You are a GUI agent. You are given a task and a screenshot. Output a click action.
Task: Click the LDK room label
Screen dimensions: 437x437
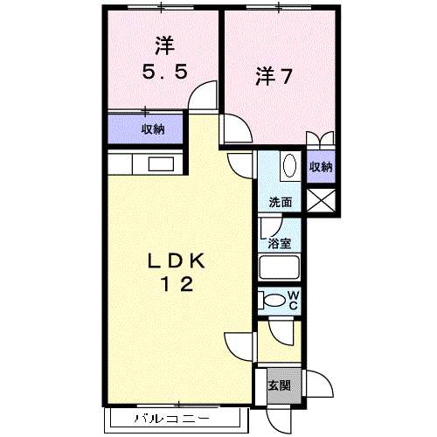(177, 260)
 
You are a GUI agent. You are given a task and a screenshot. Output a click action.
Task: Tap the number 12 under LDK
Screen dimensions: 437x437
(177, 284)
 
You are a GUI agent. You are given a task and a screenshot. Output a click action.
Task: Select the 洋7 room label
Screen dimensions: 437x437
(274, 76)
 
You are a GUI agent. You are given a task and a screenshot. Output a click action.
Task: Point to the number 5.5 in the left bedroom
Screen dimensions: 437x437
(164, 72)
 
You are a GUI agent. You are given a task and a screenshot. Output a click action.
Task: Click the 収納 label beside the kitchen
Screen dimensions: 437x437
(153, 129)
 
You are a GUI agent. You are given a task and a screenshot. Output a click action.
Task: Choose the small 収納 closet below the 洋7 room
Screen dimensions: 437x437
(321, 167)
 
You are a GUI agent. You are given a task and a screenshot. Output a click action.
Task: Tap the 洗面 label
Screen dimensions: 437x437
(281, 202)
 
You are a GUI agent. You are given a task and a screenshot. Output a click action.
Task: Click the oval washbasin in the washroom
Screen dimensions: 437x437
(290, 165)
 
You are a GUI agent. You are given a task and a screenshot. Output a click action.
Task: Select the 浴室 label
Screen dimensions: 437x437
(280, 243)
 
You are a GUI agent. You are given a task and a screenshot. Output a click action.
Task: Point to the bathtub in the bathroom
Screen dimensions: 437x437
(279, 267)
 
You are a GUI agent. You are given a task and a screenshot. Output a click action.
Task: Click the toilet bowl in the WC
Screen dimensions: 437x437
(274, 301)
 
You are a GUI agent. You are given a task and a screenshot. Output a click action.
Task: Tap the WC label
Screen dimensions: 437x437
(294, 301)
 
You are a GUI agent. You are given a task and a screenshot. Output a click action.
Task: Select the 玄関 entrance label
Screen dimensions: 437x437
(280, 385)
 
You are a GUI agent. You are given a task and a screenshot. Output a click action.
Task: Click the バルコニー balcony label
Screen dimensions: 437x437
(172, 419)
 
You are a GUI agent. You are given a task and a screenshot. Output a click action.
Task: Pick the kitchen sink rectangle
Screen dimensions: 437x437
(161, 164)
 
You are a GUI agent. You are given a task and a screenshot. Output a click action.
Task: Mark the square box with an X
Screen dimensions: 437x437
(322, 200)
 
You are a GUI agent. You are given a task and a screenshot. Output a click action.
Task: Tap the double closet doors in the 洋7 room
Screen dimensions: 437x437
(320, 138)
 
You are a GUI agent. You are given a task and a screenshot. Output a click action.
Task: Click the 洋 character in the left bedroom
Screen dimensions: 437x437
(164, 45)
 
